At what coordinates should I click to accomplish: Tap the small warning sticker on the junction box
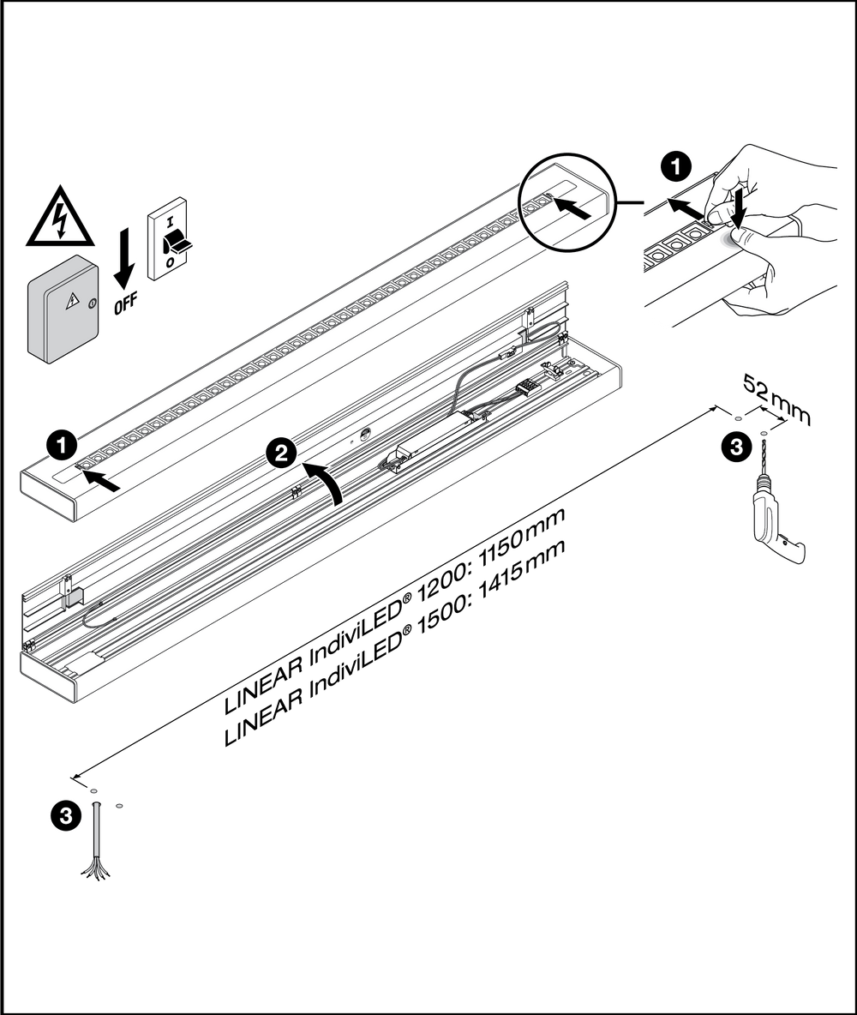click(x=73, y=300)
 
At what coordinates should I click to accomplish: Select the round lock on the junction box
click(x=93, y=303)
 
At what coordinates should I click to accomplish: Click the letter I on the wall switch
click(x=170, y=222)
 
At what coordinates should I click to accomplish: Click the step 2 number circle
click(x=281, y=453)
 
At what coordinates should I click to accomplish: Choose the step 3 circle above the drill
click(x=734, y=447)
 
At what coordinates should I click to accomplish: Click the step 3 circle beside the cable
click(x=65, y=814)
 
